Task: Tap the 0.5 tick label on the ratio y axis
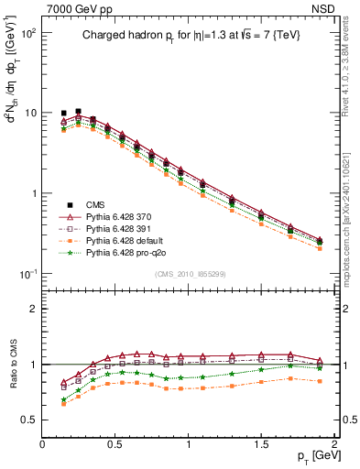(28, 420)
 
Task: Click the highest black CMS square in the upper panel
(78, 111)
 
